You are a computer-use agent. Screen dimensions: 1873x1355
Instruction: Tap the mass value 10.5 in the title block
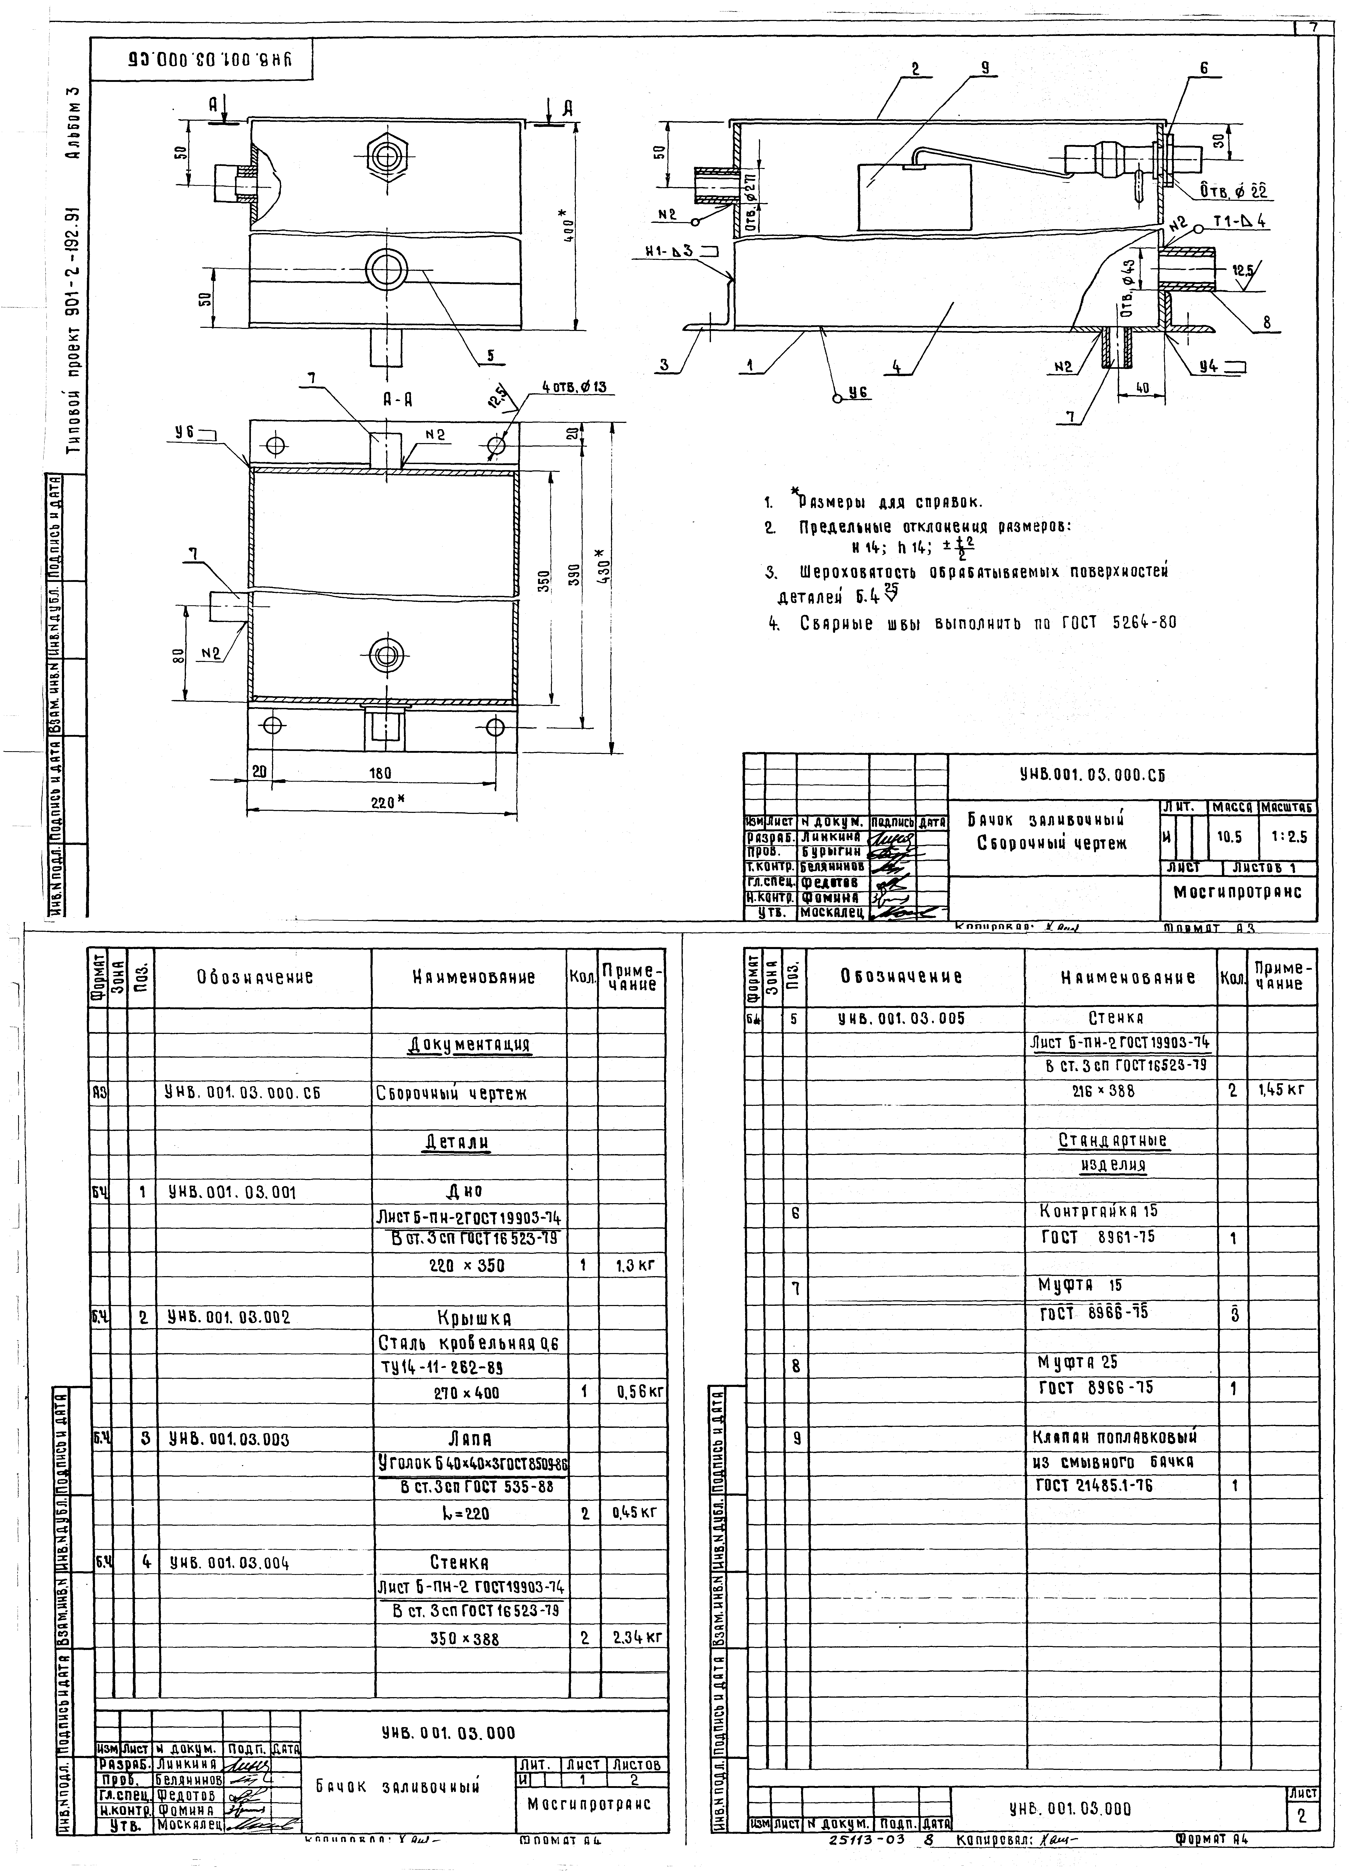click(1230, 836)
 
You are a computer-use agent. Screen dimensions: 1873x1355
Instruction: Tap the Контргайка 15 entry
click(1098, 1212)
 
